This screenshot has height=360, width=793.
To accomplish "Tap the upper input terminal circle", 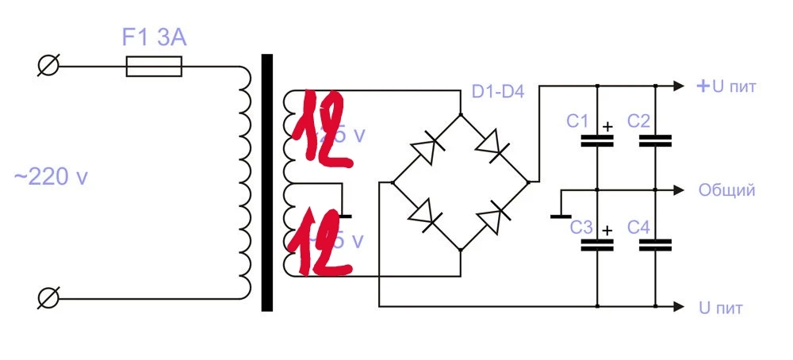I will tap(48, 67).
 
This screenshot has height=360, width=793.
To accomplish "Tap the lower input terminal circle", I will tap(48, 298).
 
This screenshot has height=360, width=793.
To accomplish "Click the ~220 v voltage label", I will tap(50, 178).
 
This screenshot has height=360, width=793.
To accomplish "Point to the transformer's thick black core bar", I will tap(267, 182).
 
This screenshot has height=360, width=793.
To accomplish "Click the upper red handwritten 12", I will tap(321, 132).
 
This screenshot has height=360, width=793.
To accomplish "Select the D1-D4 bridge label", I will tap(498, 92).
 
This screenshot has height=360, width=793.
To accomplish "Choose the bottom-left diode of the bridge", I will tap(427, 216).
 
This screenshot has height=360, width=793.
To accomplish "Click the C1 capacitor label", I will tap(577, 121).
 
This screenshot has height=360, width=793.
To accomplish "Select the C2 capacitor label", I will tap(639, 121).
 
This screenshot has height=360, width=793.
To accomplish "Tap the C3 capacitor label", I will tap(582, 228).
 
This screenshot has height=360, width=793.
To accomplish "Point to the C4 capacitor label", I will tap(639, 228).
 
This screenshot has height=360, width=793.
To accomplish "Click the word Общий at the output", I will tap(726, 190).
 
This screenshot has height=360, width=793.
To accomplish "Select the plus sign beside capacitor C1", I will tap(607, 125).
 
